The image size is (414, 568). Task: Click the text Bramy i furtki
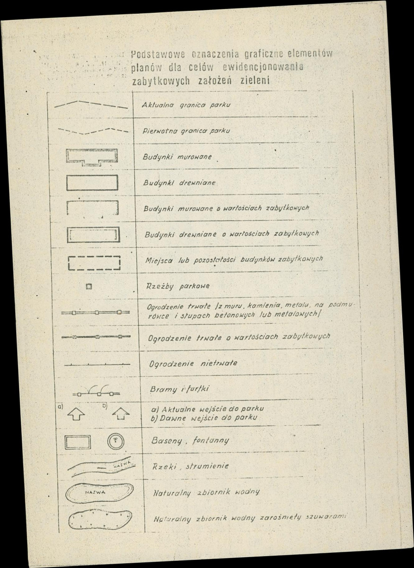pyautogui.click(x=172, y=389)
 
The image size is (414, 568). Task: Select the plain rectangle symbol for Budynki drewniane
pyautogui.click(x=92, y=183)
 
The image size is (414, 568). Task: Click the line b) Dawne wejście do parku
pyautogui.click(x=203, y=418)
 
